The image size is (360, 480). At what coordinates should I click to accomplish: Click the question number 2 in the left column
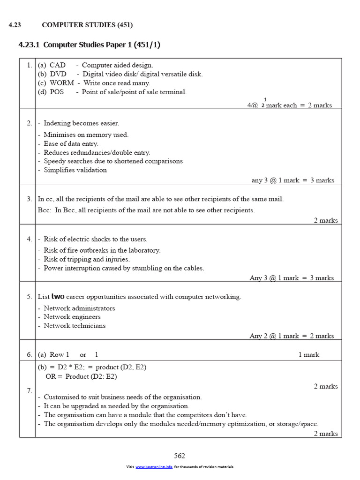coord(29,123)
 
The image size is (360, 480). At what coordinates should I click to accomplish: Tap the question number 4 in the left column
coord(29,239)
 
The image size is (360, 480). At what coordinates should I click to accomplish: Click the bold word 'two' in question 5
coord(58,297)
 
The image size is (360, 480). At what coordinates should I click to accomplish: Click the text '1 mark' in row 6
coord(309,355)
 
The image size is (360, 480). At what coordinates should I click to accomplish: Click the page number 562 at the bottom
coord(180,456)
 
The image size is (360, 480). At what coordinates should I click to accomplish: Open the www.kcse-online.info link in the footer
coord(154,467)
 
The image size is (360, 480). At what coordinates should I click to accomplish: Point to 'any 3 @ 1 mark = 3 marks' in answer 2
coord(293,180)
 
